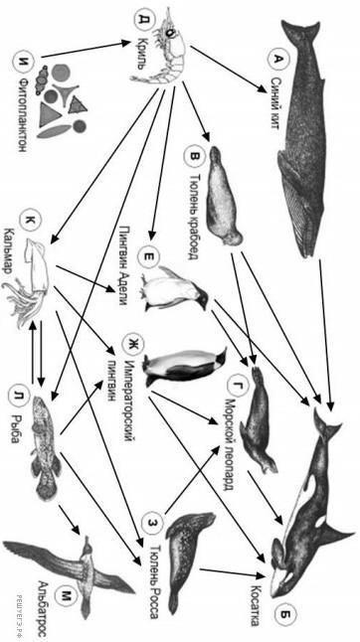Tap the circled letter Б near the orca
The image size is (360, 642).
(284, 614)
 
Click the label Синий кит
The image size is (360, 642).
(276, 103)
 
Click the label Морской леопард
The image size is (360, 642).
(229, 434)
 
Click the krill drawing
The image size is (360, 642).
(163, 46)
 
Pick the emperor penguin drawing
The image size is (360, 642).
(185, 366)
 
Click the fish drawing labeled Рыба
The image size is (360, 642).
(46, 446)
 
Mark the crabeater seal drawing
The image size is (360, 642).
(223, 196)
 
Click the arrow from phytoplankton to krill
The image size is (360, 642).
(84, 49)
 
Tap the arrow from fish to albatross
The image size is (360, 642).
(69, 519)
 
